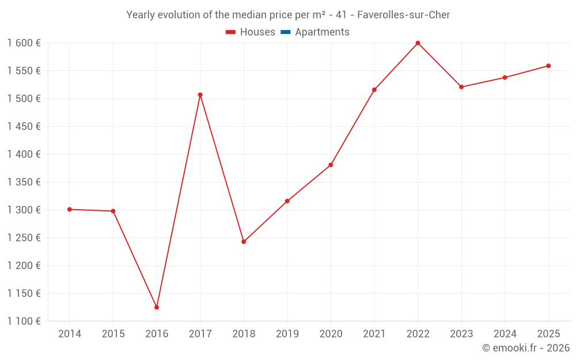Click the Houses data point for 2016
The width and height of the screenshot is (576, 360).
coord(157,307)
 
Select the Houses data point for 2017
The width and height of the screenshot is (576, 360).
coord(200,94)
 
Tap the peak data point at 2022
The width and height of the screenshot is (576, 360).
coord(418,43)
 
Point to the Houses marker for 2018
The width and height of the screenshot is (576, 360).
coord(244,241)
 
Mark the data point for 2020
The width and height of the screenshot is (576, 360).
coord(331,165)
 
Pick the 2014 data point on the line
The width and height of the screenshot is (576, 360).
coord(70,209)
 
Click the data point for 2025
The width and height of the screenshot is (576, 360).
coord(548,66)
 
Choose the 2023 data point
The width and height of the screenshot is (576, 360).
coord(461,87)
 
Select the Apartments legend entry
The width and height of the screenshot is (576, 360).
coord(322,32)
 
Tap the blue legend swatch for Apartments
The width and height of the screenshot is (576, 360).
coord(285,32)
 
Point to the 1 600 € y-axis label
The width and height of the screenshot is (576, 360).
coord(24,43)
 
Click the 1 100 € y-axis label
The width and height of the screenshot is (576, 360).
coord(24,321)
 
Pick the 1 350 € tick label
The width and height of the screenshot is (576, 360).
coord(24,182)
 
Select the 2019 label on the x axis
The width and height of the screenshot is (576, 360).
coord(287,334)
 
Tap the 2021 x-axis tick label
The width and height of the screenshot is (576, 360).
coord(374,334)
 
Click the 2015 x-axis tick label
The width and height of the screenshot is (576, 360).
coord(113,334)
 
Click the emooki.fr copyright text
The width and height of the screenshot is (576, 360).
coord(526,348)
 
